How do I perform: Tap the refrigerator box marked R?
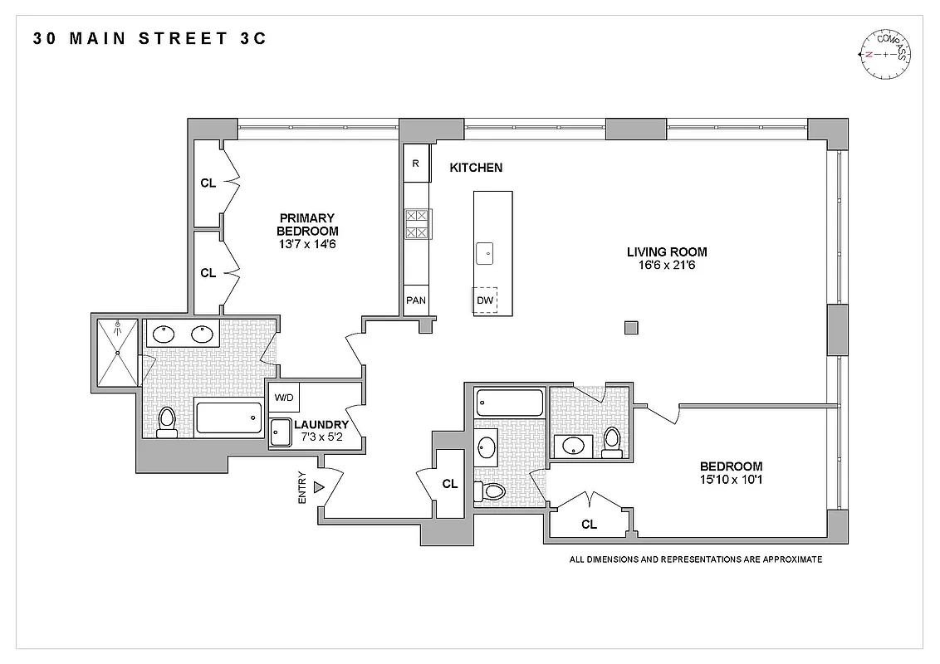tap(416, 163)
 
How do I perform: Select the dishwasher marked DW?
tap(485, 300)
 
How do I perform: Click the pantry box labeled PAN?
tap(416, 300)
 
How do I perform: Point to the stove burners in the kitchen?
tap(417, 224)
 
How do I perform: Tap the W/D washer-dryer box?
tap(284, 398)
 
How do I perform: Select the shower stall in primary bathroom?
tap(117, 353)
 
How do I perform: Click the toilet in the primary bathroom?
tap(166, 421)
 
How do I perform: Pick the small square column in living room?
tap(631, 327)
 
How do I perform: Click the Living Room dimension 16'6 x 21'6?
tap(667, 266)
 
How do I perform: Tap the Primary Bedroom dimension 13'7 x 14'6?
tap(307, 245)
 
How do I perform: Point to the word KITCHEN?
tap(476, 168)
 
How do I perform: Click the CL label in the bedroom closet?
tap(589, 524)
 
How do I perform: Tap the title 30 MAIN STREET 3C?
tap(150, 38)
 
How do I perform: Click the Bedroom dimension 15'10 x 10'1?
tap(731, 480)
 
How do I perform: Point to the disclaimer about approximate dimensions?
tap(695, 559)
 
